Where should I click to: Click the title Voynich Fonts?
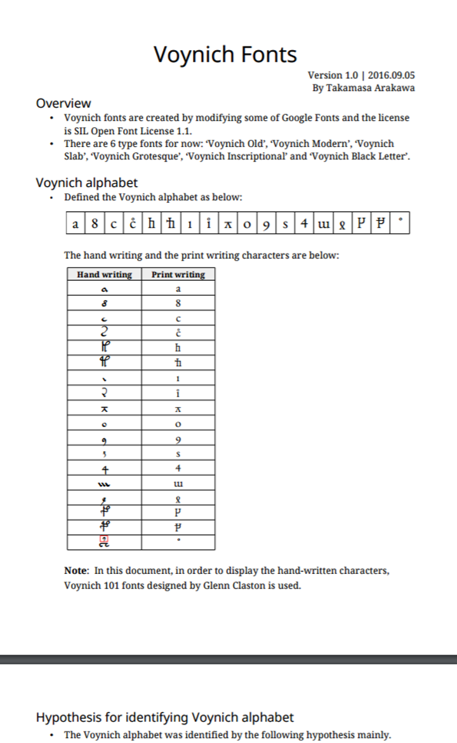[x=225, y=55]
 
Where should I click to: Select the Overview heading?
[x=63, y=103]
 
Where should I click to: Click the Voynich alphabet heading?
[x=86, y=183]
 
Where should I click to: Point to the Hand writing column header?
[x=104, y=275]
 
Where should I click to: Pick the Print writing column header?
[x=178, y=275]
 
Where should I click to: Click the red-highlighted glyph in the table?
[x=103, y=540]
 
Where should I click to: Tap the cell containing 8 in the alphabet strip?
[x=95, y=224]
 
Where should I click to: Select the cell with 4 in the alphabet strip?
[x=305, y=224]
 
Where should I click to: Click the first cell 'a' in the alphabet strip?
[x=76, y=224]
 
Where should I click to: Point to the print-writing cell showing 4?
[x=178, y=469]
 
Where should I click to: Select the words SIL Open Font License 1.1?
[x=134, y=131]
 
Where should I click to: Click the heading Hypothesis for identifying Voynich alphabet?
[x=164, y=718]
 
